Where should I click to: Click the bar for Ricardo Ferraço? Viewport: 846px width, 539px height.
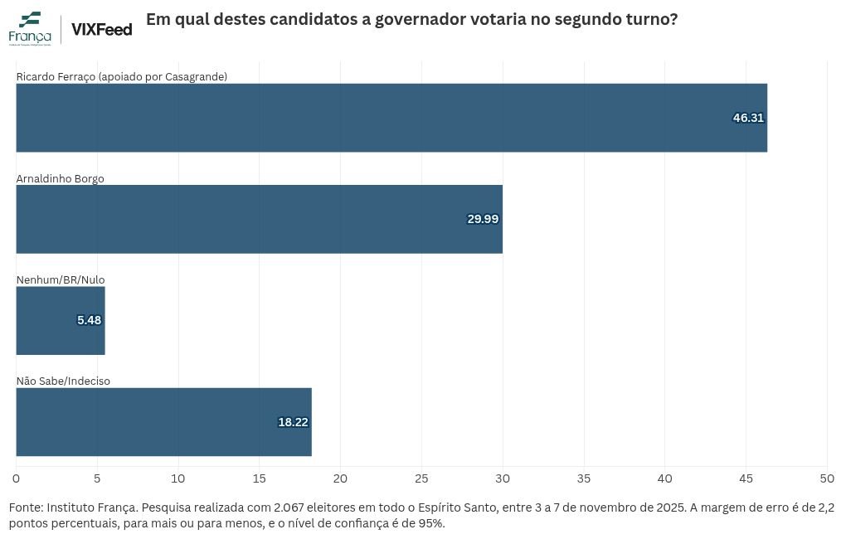[391, 118]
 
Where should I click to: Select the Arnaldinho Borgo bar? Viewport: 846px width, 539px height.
[260, 219]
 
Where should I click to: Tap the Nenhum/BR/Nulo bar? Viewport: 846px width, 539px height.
[61, 320]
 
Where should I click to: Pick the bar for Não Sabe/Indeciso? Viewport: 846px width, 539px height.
[164, 422]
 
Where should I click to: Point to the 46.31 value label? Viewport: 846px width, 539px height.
[748, 118]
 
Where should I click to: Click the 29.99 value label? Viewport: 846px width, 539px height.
[483, 219]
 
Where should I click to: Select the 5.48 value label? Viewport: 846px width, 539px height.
[89, 320]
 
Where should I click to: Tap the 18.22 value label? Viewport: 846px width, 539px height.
[293, 422]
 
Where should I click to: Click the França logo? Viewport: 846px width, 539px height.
[30, 28]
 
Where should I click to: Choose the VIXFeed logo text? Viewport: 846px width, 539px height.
[102, 30]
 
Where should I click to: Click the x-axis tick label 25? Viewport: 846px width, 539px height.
[421, 478]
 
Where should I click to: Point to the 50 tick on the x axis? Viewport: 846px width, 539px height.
[827, 478]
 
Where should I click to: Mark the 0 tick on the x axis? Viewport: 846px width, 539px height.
[17, 478]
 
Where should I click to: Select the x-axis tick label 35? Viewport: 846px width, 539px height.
[584, 478]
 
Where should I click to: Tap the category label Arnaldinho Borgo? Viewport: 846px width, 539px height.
[60, 178]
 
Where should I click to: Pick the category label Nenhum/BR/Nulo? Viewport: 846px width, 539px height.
[61, 279]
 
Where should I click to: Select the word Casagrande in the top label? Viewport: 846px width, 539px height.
[196, 76]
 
